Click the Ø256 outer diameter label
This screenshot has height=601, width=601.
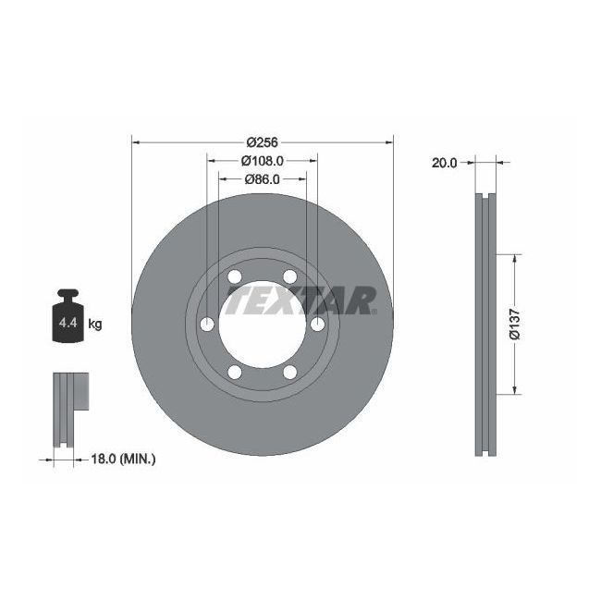[x=262, y=142]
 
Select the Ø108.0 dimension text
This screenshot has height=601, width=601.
[x=262, y=160]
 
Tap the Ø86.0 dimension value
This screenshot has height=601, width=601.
[x=262, y=179]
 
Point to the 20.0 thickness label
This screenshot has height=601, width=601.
[x=444, y=163]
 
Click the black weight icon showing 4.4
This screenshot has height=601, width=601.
[x=67, y=317]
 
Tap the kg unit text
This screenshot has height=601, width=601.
[x=94, y=324]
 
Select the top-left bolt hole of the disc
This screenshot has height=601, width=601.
[x=234, y=277]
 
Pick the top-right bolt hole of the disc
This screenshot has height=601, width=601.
[x=290, y=277]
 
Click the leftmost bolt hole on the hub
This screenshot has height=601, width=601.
[x=207, y=325]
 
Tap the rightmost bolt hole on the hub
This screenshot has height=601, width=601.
[x=317, y=325]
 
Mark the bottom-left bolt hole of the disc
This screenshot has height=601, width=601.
[x=234, y=372]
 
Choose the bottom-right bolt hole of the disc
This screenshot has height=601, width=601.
[x=290, y=372]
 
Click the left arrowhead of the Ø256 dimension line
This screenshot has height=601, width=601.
[x=135, y=142]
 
